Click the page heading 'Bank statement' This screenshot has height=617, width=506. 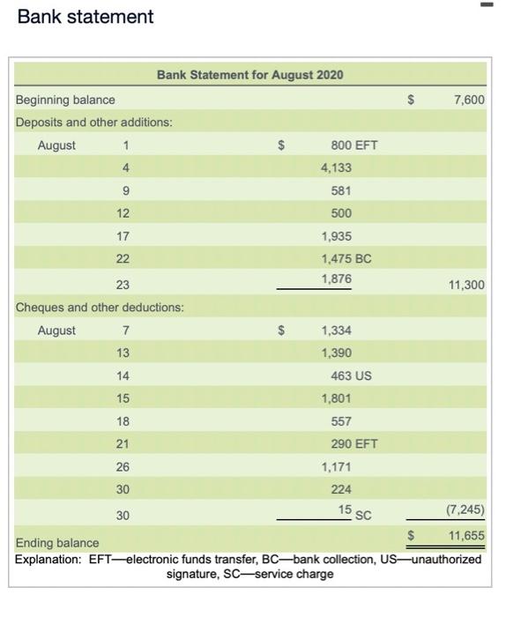(x=86, y=17)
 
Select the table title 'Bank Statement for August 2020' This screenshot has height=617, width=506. (x=249, y=75)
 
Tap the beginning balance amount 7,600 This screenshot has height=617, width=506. (x=469, y=100)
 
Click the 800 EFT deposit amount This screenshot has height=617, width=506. (x=353, y=145)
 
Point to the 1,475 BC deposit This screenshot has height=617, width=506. (x=346, y=259)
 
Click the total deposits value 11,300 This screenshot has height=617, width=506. (x=467, y=285)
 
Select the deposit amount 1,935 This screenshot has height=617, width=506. (x=336, y=236)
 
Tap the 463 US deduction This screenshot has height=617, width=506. (x=351, y=375)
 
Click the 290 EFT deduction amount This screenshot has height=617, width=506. (x=353, y=444)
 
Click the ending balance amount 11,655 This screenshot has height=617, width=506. (x=466, y=535)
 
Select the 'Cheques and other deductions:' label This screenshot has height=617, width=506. (x=100, y=308)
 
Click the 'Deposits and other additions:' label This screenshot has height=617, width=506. (x=93, y=122)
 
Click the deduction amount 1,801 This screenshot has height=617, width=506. (x=336, y=398)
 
